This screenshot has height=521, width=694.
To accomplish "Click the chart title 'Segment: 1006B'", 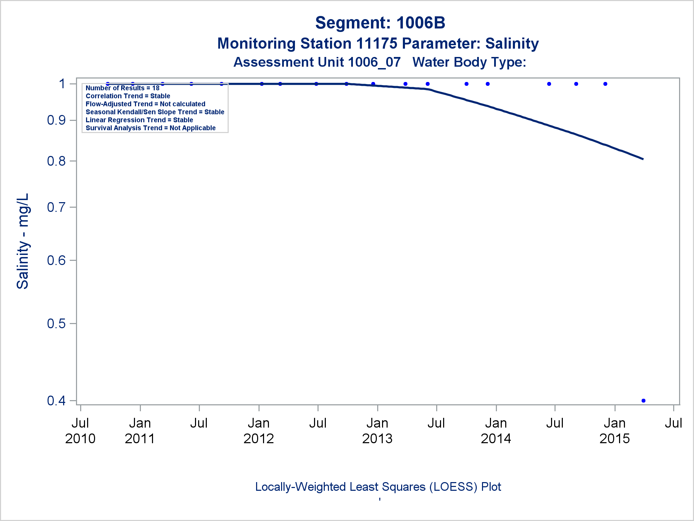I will tap(380, 23).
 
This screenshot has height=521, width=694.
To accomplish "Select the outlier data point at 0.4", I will tap(643, 400).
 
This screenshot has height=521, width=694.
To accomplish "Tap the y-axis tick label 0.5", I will tap(56, 323).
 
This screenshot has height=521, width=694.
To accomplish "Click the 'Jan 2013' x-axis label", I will tap(377, 431).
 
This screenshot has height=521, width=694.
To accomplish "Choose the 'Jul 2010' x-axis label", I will tap(80, 431).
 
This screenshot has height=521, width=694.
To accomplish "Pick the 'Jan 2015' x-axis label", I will tap(615, 431).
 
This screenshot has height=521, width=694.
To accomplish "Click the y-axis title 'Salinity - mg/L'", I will tap(23, 241).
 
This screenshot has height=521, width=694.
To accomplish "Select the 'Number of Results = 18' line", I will tap(122, 88).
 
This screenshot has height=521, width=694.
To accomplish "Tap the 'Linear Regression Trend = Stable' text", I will tap(139, 120).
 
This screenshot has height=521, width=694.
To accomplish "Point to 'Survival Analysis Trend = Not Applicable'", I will tap(151, 128).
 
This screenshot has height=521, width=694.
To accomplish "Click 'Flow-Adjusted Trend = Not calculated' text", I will tap(145, 104).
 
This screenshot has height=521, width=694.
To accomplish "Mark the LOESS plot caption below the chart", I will tap(378, 487).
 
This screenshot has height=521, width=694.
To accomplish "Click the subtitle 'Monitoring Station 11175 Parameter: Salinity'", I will tap(378, 43).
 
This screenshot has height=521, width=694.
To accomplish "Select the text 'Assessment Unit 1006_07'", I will tap(317, 62).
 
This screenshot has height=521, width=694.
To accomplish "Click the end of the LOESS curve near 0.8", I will tap(643, 159).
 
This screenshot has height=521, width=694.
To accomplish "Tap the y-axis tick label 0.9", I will tap(56, 120).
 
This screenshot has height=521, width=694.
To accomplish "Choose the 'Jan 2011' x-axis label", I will tap(140, 431).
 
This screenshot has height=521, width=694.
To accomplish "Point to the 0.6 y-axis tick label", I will tap(56, 260).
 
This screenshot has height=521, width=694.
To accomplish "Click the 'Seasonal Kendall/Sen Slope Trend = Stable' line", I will tap(155, 112).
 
